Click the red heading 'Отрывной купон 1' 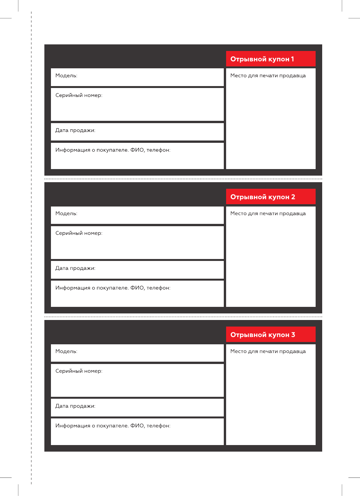(262, 59)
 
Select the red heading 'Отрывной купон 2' (262, 197)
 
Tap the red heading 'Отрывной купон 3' (262, 335)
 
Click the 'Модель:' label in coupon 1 (66, 76)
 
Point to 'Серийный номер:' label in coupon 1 (79, 95)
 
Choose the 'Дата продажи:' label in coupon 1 (75, 130)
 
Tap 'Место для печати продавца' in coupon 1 (268, 76)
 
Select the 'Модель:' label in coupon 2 (66, 213)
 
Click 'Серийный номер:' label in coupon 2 (79, 233)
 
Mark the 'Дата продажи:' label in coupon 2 (75, 268)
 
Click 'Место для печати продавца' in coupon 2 (268, 213)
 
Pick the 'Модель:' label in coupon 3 (66, 351)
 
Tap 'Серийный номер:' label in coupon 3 (79, 371)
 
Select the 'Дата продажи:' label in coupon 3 (75, 406)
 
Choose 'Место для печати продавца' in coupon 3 (268, 351)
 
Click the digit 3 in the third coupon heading (293, 335)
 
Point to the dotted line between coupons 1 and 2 (183, 179)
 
